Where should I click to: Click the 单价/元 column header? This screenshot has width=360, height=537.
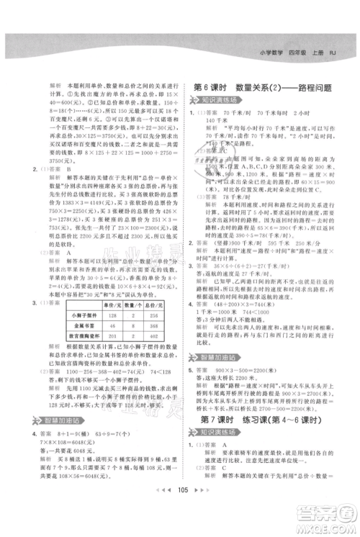click(112, 304)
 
